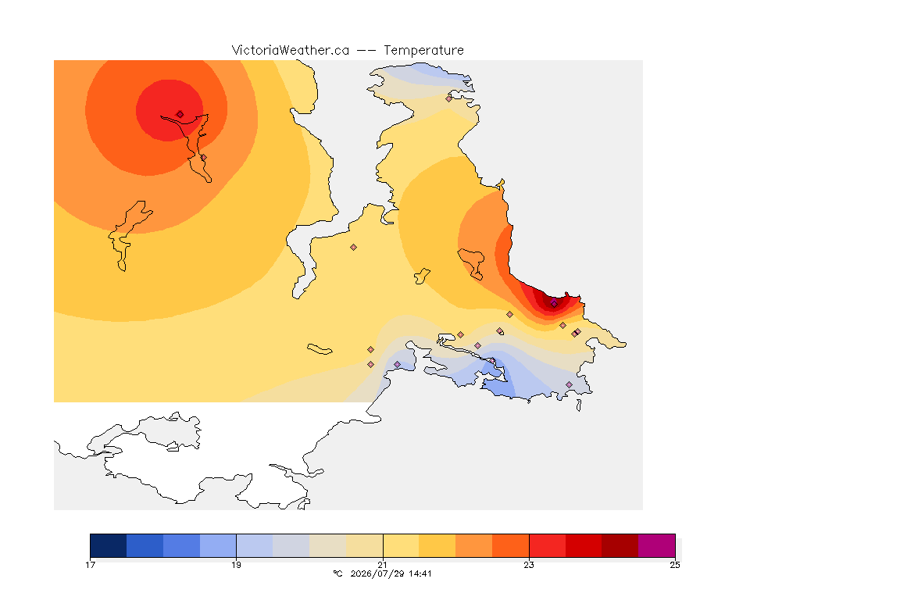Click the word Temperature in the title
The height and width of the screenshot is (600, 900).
click(x=423, y=51)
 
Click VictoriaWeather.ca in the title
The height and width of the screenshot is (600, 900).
click(x=291, y=51)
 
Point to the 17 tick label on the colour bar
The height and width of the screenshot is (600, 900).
click(x=90, y=565)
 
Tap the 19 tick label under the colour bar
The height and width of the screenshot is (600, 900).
click(x=236, y=565)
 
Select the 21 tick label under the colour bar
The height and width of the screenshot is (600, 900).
click(x=382, y=565)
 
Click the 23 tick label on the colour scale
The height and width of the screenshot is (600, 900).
click(x=529, y=565)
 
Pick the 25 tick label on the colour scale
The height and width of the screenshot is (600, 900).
click(x=675, y=565)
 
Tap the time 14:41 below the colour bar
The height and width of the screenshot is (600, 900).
click(x=420, y=573)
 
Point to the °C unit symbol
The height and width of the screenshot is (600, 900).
click(x=337, y=573)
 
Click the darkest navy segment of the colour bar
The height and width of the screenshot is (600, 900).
click(x=109, y=545)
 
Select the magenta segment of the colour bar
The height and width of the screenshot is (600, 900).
click(x=656, y=545)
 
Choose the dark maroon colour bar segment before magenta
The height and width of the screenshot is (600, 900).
click(x=620, y=545)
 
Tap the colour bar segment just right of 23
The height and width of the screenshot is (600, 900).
click(x=547, y=545)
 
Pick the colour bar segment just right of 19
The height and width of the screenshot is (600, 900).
click(x=254, y=545)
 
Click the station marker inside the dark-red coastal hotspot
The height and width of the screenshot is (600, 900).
click(x=554, y=303)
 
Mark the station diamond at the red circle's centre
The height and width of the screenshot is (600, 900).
click(x=180, y=114)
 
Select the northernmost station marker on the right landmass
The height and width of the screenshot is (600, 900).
click(x=449, y=98)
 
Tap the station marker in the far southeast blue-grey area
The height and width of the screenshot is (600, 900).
click(x=569, y=384)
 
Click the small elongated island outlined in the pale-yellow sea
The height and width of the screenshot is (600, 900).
click(x=320, y=349)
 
